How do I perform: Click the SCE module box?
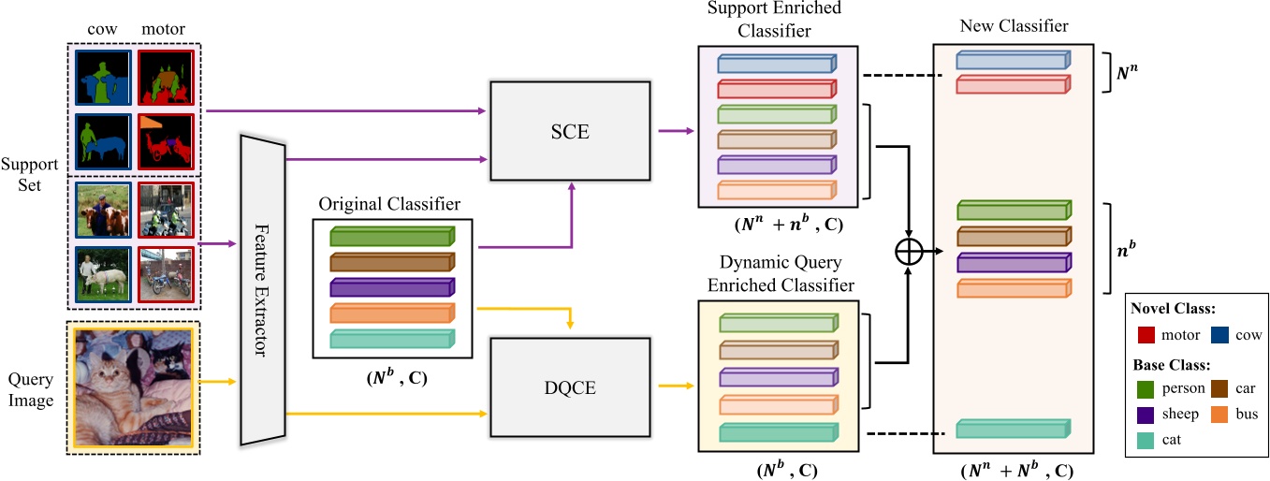[568, 130]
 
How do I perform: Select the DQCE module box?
[568, 386]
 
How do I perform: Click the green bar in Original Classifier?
[390, 238]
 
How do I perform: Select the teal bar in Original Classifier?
[390, 339]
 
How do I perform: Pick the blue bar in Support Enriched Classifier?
[775, 64]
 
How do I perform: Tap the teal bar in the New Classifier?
[1012, 429]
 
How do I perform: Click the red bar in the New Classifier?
[1012, 85]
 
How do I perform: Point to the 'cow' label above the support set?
[102, 29]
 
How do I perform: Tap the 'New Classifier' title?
[1013, 26]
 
